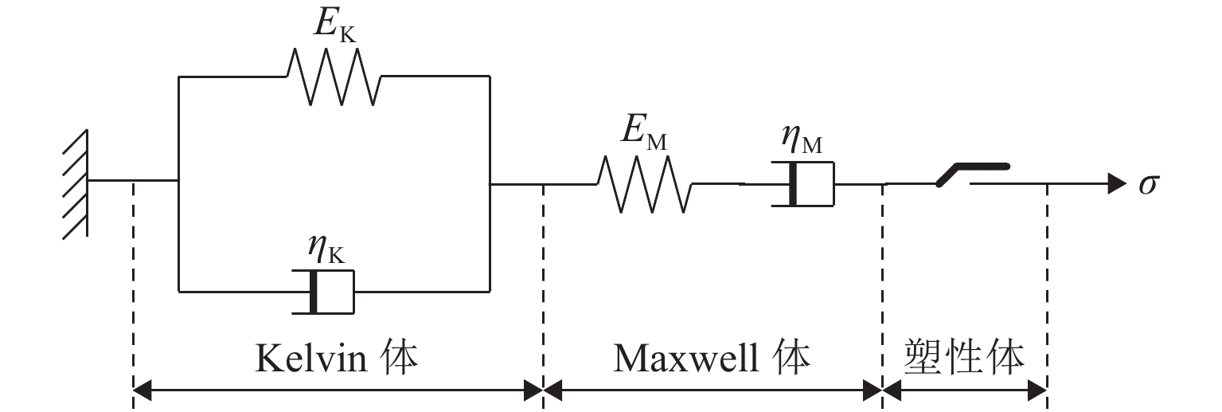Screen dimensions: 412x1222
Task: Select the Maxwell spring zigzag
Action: (644, 184)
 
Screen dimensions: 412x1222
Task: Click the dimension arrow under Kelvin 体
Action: (338, 390)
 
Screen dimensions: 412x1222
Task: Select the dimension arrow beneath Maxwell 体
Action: (713, 390)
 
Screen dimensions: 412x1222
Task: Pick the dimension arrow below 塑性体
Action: (964, 390)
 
